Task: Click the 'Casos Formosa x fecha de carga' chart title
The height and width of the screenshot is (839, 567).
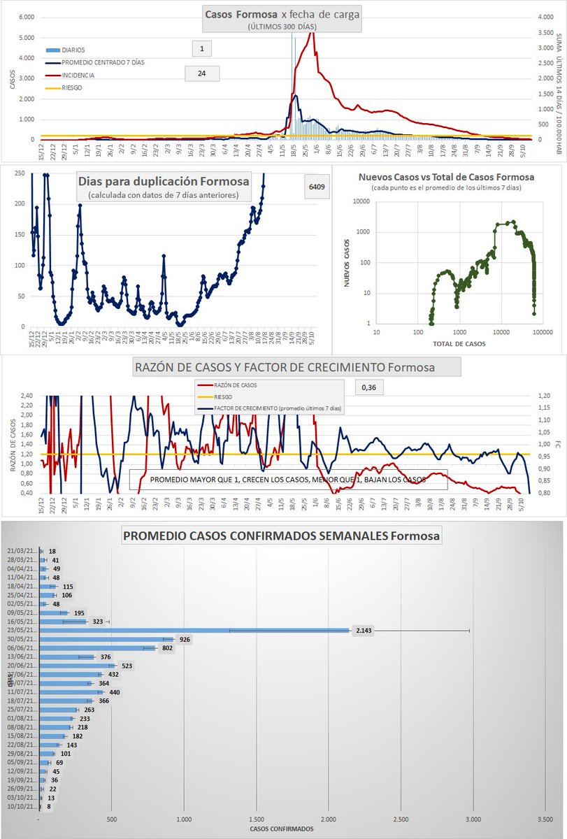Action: pos(282,14)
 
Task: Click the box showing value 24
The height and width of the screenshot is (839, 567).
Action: pos(201,73)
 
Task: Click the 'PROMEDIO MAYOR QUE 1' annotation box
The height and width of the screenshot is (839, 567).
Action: pos(287,480)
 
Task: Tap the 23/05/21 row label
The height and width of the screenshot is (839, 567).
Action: pos(20,631)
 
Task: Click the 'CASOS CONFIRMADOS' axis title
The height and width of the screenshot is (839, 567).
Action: pos(282,829)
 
